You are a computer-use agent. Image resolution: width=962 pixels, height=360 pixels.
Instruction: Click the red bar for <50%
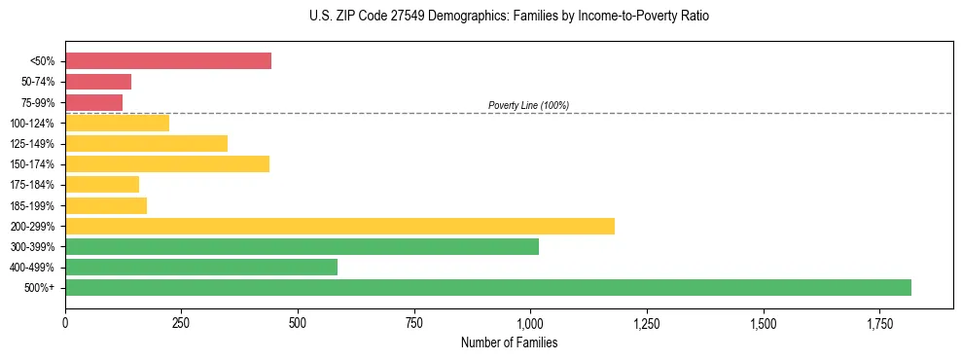[168, 61]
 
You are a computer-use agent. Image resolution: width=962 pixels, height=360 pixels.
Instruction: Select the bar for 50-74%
[98, 82]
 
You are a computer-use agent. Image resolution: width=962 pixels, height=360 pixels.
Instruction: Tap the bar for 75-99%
[93, 102]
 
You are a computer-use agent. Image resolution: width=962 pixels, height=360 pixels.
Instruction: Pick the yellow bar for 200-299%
[339, 226]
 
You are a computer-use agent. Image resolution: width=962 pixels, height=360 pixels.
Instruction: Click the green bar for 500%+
[488, 287]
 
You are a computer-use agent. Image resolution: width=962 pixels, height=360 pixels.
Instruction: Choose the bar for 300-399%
[302, 246]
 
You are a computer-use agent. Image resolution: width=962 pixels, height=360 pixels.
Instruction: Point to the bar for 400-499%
[201, 267]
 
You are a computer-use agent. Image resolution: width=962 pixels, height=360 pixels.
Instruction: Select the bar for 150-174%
[167, 163]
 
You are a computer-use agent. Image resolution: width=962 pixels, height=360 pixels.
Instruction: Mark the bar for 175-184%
[102, 184]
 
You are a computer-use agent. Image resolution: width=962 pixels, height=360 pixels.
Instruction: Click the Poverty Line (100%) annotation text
[528, 105]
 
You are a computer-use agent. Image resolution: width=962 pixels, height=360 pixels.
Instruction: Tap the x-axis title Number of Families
[509, 342]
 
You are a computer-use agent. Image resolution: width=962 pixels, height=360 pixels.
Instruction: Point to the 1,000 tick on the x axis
[530, 322]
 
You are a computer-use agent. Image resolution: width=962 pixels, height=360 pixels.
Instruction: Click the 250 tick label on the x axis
[182, 322]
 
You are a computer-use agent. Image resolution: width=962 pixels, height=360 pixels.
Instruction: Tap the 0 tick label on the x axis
[65, 322]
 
